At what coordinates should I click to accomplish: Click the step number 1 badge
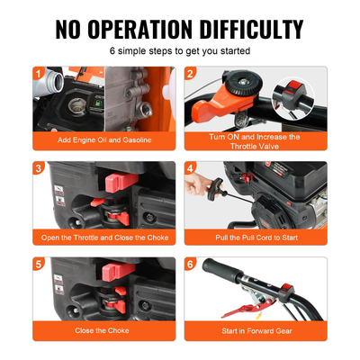[39, 73]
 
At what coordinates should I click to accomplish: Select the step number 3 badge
[39, 168]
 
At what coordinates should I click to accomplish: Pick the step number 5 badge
[39, 265]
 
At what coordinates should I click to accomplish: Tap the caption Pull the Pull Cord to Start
[256, 238]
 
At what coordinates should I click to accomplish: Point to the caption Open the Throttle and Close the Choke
[103, 238]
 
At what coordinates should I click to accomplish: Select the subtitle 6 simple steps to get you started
[180, 50]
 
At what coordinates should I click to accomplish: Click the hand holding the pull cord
[197, 184]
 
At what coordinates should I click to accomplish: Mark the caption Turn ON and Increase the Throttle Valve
[256, 142]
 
